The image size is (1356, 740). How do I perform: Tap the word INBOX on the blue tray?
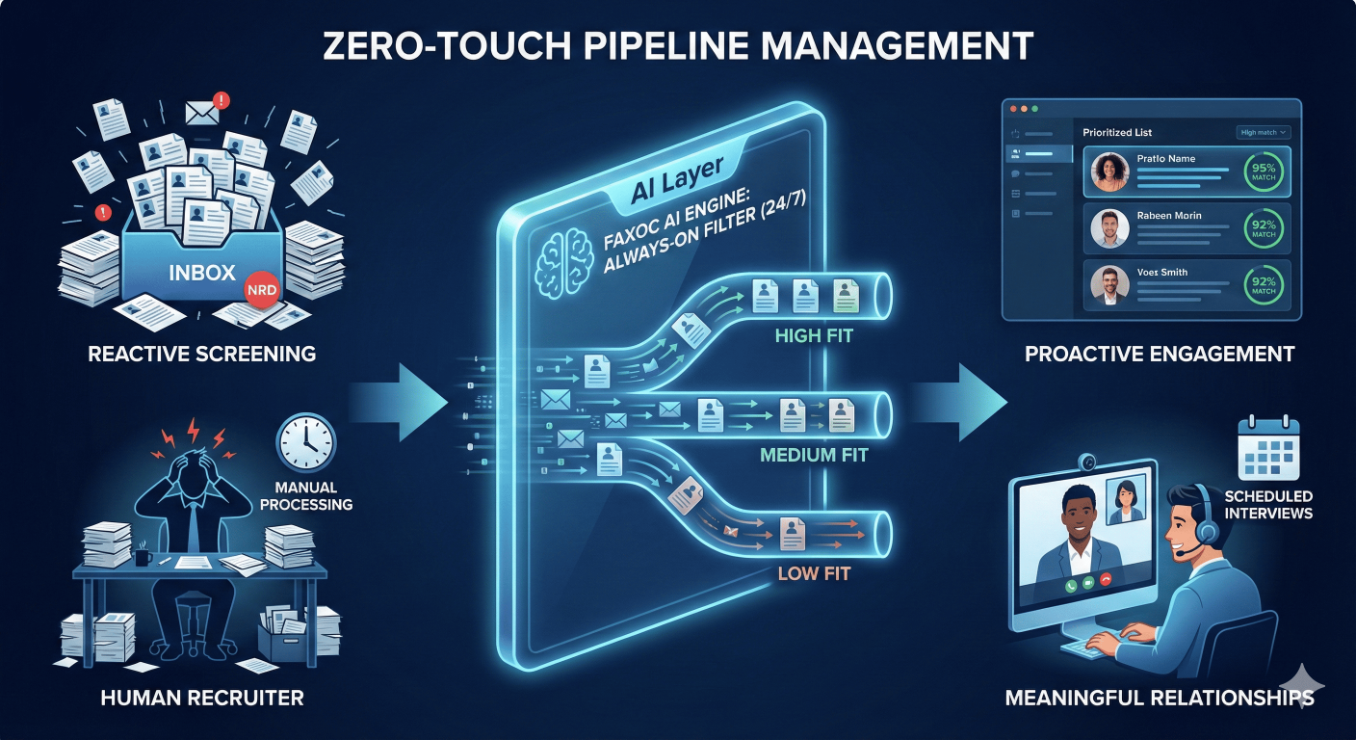point(201,272)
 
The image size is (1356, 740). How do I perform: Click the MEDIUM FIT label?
point(814,453)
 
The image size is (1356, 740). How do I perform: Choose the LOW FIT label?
point(814,575)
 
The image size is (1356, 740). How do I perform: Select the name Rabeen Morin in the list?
point(1168,216)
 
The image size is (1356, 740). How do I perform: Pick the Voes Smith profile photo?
point(1109,286)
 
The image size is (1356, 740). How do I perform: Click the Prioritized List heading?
point(1117,132)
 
